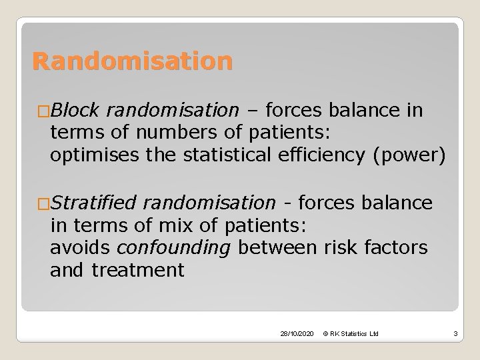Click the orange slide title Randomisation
pos(133,62)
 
